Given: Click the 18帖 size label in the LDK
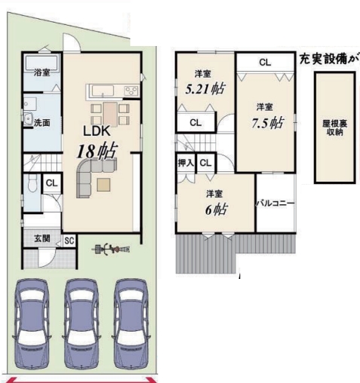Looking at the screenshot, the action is point(97,152).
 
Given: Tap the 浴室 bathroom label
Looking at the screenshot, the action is point(42,73).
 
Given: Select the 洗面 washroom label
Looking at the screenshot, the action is point(42,123).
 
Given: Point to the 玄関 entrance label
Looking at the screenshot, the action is point(42,238).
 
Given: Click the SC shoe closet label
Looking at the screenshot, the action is point(69,241).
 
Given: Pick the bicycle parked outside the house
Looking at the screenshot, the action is point(111,249).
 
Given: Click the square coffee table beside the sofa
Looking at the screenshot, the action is point(103,185).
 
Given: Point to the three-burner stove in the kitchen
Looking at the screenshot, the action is point(131,90).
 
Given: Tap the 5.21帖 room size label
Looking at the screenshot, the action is point(205,89).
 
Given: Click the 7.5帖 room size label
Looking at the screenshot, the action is point(267,123).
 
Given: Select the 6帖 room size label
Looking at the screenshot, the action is point(216,210).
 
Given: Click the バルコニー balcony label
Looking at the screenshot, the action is point(275,203).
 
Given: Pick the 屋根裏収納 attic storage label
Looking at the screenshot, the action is point(334,127).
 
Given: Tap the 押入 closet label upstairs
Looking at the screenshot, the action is point(186,164).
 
